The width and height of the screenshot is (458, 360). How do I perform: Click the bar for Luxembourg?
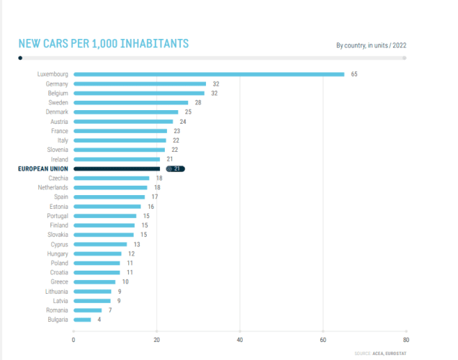pyautogui.click(x=209, y=74)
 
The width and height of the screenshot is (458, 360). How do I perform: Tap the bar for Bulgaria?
pyautogui.click(x=82, y=319)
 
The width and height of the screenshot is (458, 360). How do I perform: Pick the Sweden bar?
pyautogui.click(x=130, y=102)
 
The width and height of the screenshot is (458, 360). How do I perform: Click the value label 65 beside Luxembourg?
pyautogui.click(x=354, y=74)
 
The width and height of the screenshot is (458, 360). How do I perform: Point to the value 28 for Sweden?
pyautogui.click(x=197, y=102)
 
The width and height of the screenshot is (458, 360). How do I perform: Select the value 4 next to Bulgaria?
pyautogui.click(x=99, y=319)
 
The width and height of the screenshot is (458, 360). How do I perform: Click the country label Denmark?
pyautogui.click(x=57, y=112)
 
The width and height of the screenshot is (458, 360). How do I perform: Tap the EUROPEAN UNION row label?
pyautogui.click(x=42, y=168)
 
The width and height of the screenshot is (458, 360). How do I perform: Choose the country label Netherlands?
pyautogui.click(x=53, y=187)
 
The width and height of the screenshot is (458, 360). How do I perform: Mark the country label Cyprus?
pyautogui.click(x=58, y=244)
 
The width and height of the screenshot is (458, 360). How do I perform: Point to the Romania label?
pyautogui.click(x=57, y=310)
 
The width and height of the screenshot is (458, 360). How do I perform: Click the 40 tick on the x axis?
pyautogui.click(x=240, y=339)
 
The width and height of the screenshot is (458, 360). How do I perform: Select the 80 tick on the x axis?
pyautogui.click(x=406, y=339)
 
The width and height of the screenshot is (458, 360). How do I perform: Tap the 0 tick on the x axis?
pyautogui.click(x=73, y=339)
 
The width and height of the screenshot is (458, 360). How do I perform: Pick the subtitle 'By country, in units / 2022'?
pyautogui.click(x=371, y=45)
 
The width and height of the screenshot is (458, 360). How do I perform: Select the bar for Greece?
pyautogui.click(x=94, y=282)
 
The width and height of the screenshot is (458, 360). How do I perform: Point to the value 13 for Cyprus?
pyautogui.click(x=136, y=244)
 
